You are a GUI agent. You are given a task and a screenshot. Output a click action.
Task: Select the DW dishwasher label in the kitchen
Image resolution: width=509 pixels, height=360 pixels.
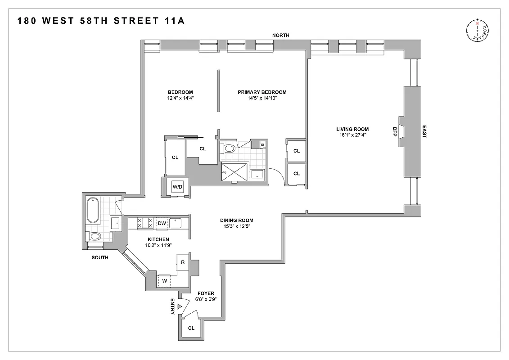[162, 223]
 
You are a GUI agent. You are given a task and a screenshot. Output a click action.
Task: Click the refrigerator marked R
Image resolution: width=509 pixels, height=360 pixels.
[183, 262]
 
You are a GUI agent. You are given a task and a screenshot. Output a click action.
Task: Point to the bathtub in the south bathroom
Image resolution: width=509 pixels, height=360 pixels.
[94, 210]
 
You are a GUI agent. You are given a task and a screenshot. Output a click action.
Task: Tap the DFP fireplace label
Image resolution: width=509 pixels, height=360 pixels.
[395, 131]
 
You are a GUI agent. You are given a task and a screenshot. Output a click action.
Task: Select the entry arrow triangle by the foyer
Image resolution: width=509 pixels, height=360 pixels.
[179, 306]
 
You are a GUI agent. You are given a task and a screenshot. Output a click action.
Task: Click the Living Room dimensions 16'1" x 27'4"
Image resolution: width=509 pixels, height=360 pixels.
[355, 135]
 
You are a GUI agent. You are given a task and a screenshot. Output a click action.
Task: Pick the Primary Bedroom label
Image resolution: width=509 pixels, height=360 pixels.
[262, 92]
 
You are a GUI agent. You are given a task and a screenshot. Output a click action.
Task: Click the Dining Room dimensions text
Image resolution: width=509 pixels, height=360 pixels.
[236, 226]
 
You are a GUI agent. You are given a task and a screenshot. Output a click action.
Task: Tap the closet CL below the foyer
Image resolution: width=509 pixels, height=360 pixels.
[191, 328]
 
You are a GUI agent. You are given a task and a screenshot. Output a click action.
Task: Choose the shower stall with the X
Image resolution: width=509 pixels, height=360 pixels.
[234, 171]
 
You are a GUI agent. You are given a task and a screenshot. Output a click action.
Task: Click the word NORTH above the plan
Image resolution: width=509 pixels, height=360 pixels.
[280, 35]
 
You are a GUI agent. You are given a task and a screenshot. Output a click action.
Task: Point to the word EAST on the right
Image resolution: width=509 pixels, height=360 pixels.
[423, 131]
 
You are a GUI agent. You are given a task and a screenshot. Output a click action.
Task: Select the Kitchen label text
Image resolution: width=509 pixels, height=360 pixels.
[158, 239]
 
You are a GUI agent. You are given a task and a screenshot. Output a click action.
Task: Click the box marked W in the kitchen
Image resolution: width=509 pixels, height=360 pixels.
[164, 280]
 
